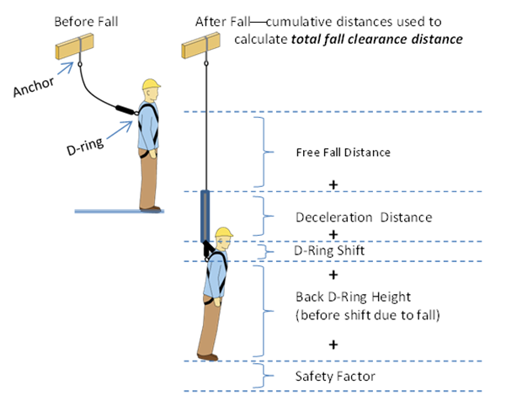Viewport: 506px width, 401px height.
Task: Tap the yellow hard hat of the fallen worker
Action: click(x=223, y=233)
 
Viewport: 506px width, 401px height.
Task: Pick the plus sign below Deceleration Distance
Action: click(x=333, y=234)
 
